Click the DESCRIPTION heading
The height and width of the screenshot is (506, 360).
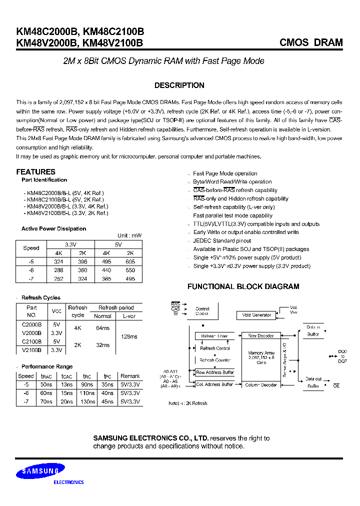(x=179, y=85)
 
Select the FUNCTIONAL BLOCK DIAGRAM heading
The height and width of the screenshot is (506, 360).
(x=243, y=286)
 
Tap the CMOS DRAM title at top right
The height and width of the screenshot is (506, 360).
(x=311, y=43)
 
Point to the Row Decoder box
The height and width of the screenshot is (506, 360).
(x=260, y=336)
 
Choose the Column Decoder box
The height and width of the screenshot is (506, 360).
(x=261, y=385)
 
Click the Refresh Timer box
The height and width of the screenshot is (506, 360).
(x=214, y=336)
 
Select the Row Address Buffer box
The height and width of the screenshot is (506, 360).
(x=214, y=372)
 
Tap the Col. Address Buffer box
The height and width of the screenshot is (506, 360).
(x=214, y=384)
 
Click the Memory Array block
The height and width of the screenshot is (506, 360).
(x=261, y=357)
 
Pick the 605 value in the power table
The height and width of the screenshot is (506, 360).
(x=130, y=261)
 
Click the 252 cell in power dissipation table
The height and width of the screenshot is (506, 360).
(x=58, y=278)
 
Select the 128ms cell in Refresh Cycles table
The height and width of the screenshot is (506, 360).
(x=128, y=336)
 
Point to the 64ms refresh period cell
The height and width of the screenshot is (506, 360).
(x=102, y=328)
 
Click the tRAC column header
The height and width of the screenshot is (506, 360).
(x=46, y=376)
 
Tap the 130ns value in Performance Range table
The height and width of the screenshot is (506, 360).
(x=88, y=401)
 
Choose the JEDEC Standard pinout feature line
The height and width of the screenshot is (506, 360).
(x=221, y=240)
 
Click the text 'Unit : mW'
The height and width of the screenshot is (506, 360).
(x=129, y=235)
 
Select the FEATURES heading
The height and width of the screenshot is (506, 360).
(x=35, y=171)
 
